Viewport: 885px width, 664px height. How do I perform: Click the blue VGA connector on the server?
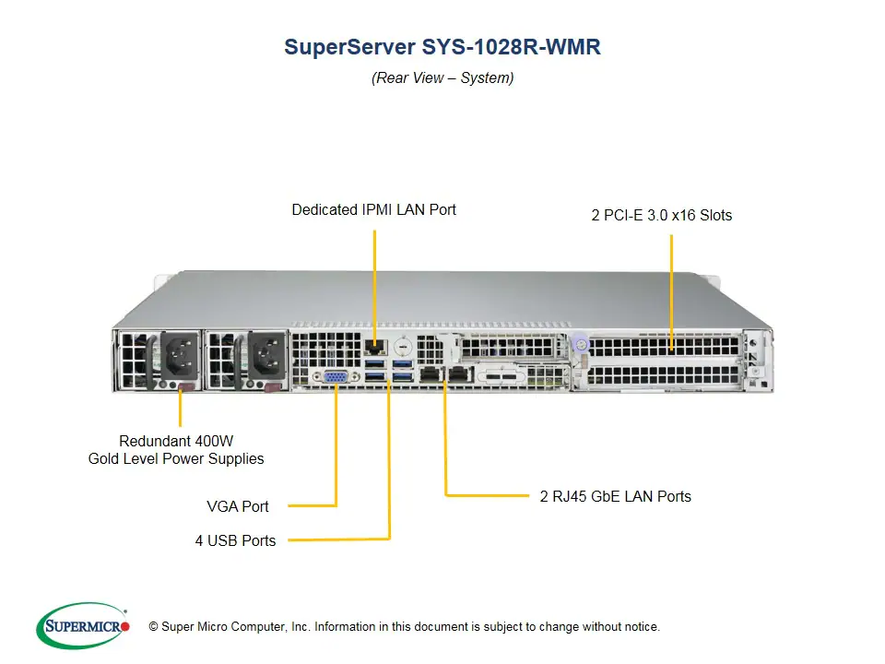(336, 376)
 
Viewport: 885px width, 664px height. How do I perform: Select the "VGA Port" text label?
(238, 506)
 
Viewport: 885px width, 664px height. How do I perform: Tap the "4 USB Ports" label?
(235, 540)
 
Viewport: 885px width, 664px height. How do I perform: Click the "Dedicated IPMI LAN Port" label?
(373, 209)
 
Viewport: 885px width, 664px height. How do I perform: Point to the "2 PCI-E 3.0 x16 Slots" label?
(661, 216)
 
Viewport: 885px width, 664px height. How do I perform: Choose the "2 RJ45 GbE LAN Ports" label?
(615, 496)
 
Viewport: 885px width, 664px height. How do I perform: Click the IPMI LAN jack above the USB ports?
(374, 347)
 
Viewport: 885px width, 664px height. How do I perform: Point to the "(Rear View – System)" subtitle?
(442, 77)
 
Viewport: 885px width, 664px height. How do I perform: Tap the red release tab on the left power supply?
(183, 386)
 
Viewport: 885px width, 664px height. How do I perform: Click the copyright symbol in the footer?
(154, 627)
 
